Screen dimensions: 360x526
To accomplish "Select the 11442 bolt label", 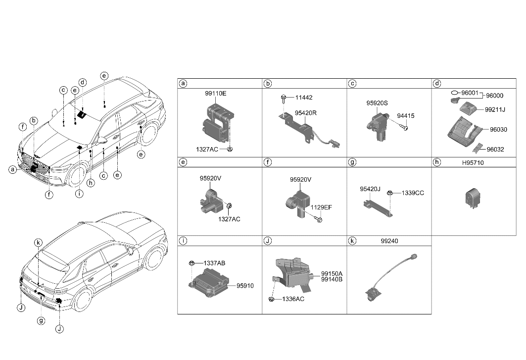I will tap(304, 98).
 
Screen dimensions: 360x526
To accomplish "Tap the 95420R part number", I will tap(305, 113).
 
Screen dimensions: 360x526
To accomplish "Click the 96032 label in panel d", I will tap(495, 149).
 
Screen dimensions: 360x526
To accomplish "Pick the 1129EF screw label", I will tap(321, 207).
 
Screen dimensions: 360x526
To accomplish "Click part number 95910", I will tap(245, 286).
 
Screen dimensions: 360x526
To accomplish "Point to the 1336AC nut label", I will tap(293, 300).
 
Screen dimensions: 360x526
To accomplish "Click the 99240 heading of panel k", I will tap(388, 241).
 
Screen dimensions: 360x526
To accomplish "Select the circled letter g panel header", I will tap(352, 162).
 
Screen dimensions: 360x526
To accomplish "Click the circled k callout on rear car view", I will tap(38, 242).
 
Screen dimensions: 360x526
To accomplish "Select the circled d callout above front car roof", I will tap(83, 82).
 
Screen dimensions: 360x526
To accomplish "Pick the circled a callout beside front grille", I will tap(12, 170).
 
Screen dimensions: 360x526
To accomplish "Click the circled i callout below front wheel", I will tap(79, 194).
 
